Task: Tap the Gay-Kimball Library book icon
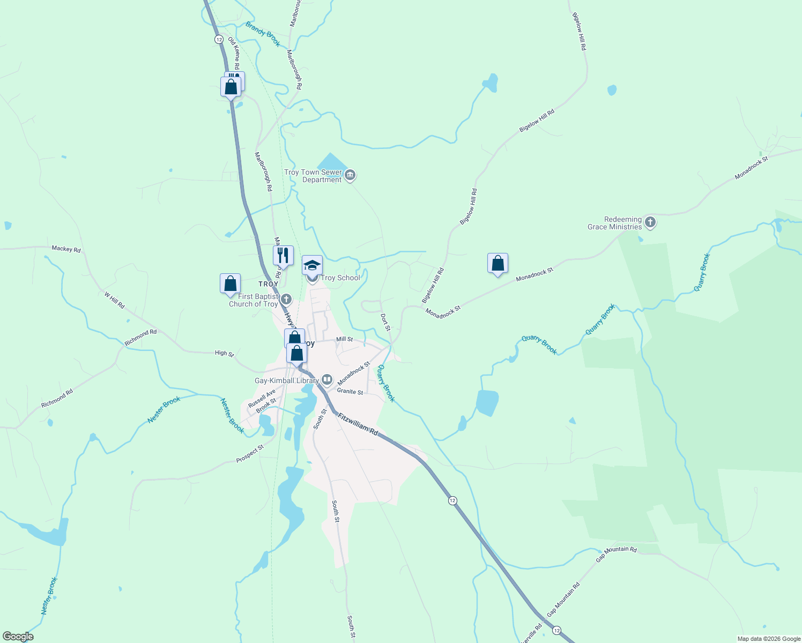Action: (326, 380)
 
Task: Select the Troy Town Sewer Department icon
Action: (350, 175)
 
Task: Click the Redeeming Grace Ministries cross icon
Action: (650, 222)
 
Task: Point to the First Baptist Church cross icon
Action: (286, 299)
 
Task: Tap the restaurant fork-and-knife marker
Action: (283, 256)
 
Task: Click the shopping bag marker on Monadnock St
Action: (497, 264)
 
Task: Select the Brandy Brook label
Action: (263, 33)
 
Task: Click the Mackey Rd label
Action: (66, 249)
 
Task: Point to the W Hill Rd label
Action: (114, 300)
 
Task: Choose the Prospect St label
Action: (250, 454)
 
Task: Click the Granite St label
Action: (350, 392)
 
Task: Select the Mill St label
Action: (344, 339)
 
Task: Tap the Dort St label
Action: (385, 322)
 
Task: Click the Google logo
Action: (18, 637)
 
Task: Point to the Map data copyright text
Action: (769, 639)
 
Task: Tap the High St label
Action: (224, 353)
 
